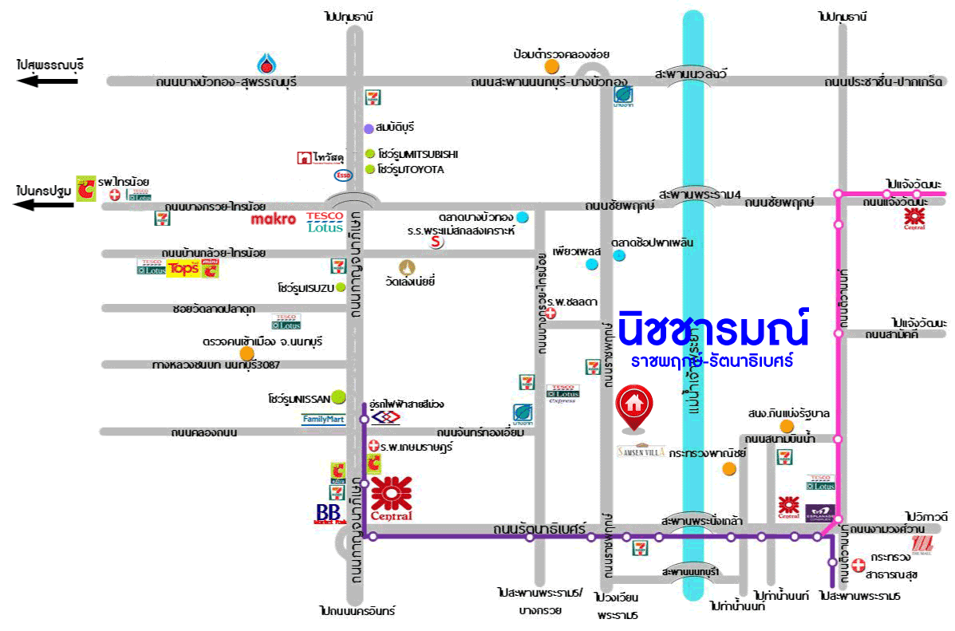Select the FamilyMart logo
click(x=323, y=418)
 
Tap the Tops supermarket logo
click(x=183, y=269)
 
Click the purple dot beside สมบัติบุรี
click(x=369, y=128)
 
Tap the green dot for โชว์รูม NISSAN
click(x=339, y=396)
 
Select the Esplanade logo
click(x=820, y=511)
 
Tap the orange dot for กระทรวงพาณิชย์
click(x=728, y=468)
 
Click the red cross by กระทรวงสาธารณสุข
click(x=858, y=565)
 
